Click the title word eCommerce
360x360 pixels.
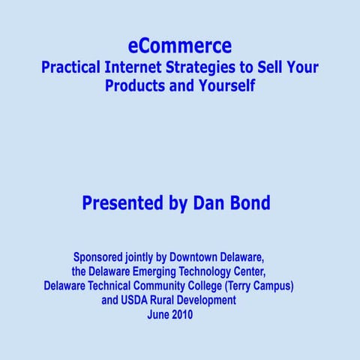[x=180, y=46]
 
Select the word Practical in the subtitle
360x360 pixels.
[x=70, y=67]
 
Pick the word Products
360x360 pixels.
[x=136, y=85]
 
